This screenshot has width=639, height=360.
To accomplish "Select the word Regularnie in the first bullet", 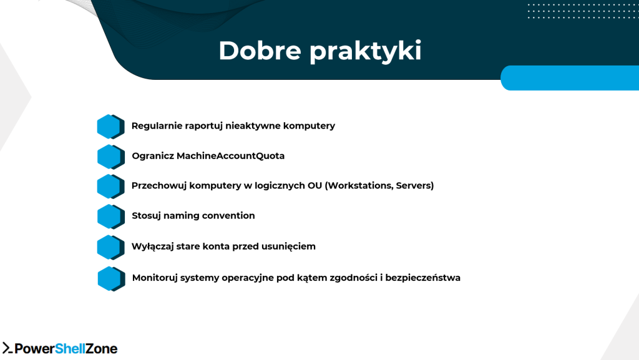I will click(157, 126).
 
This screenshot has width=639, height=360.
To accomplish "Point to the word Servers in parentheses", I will click(414, 186).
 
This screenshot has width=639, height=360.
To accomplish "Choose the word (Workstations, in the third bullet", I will click(360, 186).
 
